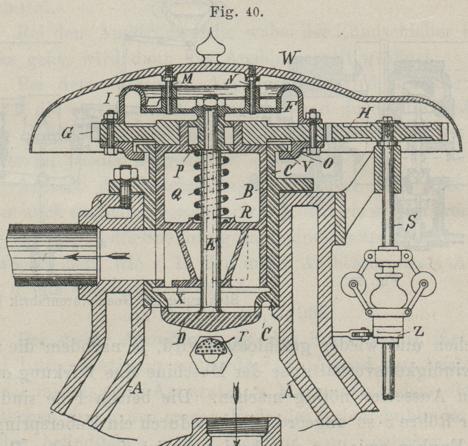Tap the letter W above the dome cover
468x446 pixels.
pyautogui.click(x=289, y=58)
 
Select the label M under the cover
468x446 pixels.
pyautogui.click(x=187, y=80)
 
